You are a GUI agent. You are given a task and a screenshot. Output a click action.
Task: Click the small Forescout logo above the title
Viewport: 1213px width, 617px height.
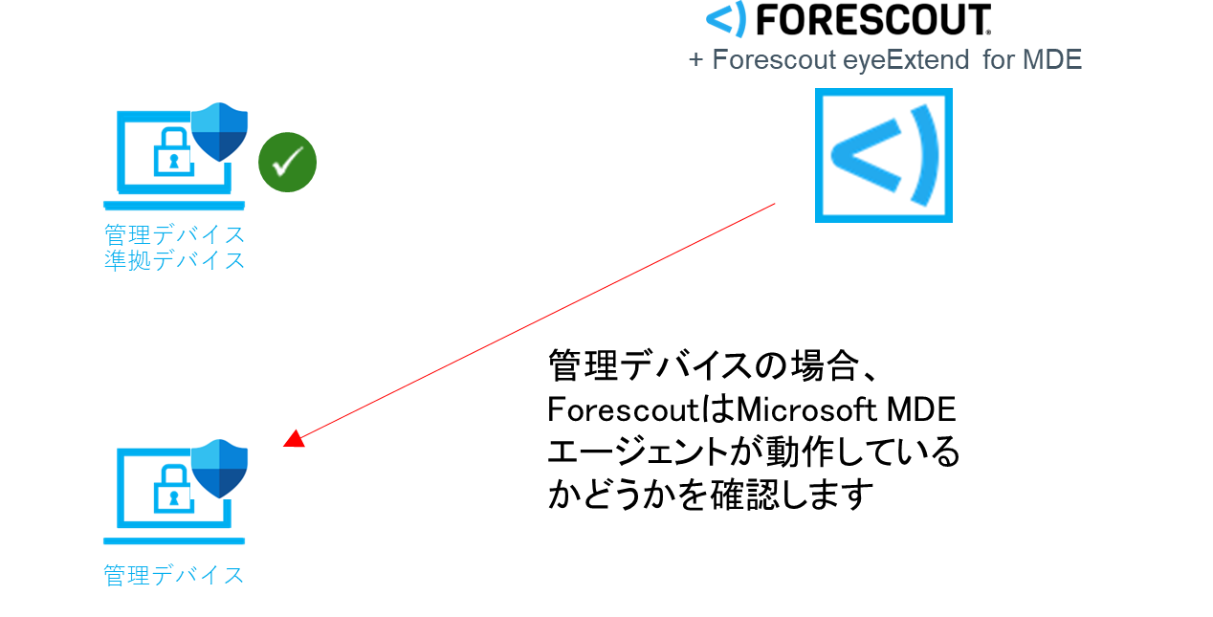point(726,19)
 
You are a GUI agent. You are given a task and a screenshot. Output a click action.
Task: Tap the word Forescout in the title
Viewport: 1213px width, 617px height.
point(774,60)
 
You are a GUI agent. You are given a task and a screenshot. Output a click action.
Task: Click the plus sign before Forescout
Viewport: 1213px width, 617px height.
point(695,60)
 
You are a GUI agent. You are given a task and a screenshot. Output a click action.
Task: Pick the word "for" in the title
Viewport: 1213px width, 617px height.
point(999,60)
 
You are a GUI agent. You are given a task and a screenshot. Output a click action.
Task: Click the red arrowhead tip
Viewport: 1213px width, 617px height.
point(287,443)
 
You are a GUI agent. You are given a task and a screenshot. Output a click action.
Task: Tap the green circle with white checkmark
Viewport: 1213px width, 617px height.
point(287,163)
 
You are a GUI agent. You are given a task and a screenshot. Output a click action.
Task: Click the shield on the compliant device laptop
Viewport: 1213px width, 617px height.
point(220,132)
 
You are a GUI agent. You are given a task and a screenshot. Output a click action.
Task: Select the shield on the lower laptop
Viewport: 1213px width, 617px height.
point(220,469)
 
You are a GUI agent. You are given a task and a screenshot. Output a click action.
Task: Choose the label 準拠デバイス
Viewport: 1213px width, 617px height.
point(174,260)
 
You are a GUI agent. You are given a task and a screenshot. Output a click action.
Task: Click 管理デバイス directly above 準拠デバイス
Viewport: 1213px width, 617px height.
point(174,234)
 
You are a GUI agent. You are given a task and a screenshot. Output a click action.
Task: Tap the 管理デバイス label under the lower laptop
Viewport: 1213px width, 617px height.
point(174,575)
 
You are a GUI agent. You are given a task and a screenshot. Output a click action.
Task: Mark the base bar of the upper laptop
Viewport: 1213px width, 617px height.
point(174,205)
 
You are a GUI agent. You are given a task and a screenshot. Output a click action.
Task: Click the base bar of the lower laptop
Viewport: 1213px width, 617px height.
point(174,541)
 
